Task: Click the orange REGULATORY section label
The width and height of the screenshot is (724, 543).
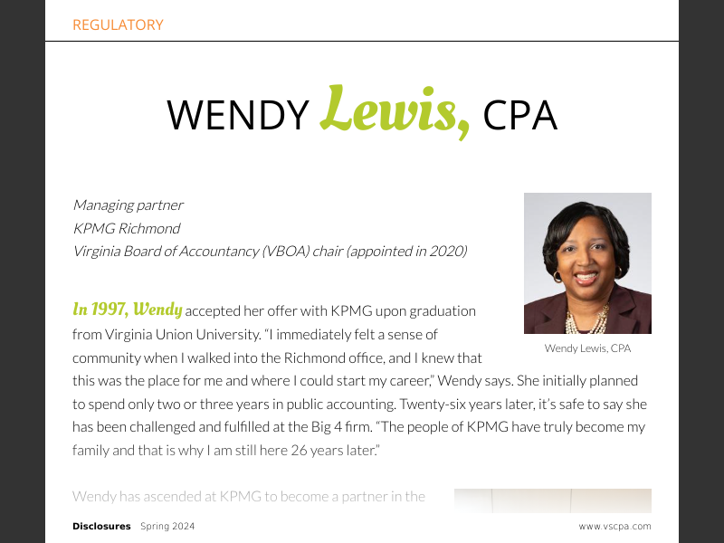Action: coord(118,25)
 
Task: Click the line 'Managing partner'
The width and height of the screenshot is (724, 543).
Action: coord(128,205)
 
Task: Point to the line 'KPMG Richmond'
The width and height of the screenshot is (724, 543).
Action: coord(126,228)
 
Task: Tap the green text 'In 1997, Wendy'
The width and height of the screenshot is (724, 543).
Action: coord(127,310)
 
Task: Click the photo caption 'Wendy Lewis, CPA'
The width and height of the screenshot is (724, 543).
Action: coord(587,348)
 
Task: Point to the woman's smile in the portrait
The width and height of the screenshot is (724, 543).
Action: coord(586,277)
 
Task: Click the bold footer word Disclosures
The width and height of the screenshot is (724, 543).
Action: coord(101,527)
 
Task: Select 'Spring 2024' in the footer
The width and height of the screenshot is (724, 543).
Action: coord(167,527)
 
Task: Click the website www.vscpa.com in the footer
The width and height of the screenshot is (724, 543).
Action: coord(614,527)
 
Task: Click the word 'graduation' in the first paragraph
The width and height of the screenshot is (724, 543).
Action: coord(439,310)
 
